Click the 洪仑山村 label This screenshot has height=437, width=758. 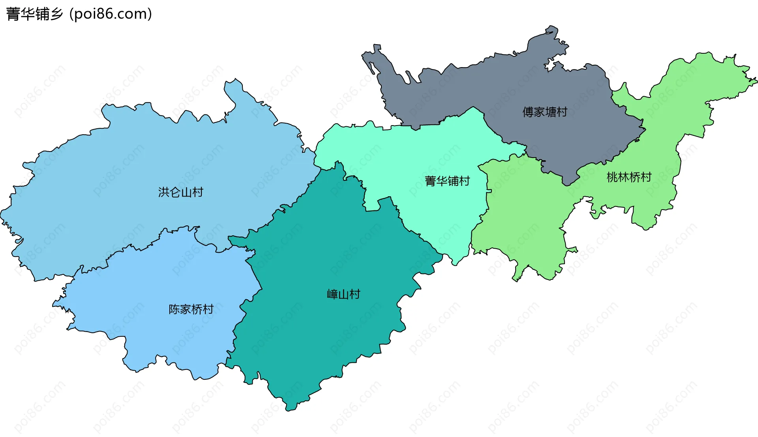click(x=180, y=192)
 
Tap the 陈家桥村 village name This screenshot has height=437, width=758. click(x=191, y=309)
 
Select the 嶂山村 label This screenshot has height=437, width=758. click(x=343, y=294)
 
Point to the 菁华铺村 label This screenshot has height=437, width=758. click(x=447, y=181)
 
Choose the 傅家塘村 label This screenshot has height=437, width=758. click(x=545, y=112)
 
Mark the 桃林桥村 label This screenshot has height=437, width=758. click(x=629, y=177)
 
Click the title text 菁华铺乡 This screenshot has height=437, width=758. click(x=35, y=14)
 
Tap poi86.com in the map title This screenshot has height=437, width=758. click(x=110, y=14)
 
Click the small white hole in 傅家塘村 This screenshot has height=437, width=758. click(x=550, y=65)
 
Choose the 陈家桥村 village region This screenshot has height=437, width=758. click(x=158, y=284)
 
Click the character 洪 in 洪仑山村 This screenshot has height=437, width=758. click(x=164, y=192)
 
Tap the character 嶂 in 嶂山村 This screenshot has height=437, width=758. click(x=332, y=294)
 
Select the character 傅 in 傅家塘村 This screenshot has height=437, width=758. click(x=528, y=112)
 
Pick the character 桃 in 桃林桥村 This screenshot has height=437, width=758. click(x=612, y=177)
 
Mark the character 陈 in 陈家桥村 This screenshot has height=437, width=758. click(x=174, y=309)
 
